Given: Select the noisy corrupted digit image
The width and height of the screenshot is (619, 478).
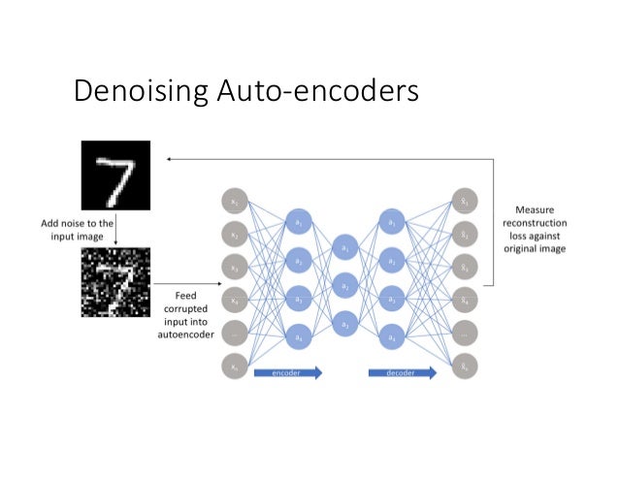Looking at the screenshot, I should coord(115,282).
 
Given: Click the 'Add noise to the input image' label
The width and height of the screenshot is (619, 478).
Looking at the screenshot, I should coord(78,229).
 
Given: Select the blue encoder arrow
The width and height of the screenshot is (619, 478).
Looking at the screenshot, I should coord(287,371).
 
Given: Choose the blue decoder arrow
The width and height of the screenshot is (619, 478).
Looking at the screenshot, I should coord(402,371).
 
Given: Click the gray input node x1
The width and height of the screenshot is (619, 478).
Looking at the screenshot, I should coord(234,202).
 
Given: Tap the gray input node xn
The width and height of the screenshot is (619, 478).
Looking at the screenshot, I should coord(234,366).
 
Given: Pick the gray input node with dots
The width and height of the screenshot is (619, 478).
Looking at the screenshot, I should coord(234,334).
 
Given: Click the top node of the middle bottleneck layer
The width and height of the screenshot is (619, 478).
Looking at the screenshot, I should coord(344,250).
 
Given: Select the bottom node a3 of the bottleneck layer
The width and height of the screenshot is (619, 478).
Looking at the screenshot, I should coord(344,322).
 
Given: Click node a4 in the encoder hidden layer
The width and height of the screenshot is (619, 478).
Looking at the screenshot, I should coord(298,337).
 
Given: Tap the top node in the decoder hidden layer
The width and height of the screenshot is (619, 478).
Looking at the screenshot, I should coord(391,222).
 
